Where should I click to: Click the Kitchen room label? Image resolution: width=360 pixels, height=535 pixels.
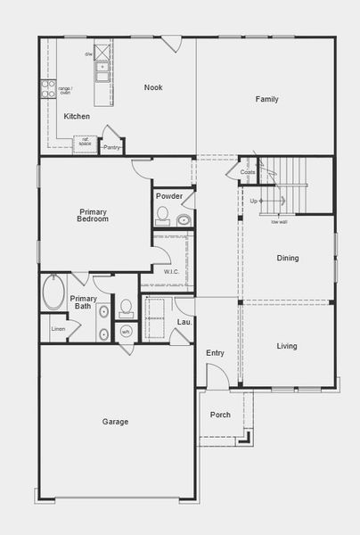[x=77, y=117]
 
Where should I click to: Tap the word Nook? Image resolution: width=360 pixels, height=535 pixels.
[x=153, y=87]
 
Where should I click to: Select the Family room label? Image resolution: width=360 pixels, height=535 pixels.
[x=267, y=99]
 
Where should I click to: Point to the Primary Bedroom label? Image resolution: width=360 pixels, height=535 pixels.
[x=93, y=215]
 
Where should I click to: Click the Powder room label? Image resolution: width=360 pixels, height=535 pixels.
[x=169, y=196]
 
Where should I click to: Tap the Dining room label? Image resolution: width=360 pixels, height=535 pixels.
[x=288, y=259]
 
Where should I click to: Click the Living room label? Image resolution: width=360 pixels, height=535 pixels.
[x=287, y=346]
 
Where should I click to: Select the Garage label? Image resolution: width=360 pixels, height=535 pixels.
[x=115, y=422]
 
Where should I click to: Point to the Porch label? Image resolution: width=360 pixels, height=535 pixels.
[x=220, y=416]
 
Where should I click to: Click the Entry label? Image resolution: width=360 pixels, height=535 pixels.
[x=216, y=353]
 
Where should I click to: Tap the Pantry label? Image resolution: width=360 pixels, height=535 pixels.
[x=111, y=147]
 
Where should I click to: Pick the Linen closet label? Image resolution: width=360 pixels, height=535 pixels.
[x=58, y=329]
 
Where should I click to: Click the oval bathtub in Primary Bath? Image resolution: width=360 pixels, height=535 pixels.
[x=53, y=292]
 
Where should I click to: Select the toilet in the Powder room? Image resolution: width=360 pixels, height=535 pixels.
[x=162, y=214]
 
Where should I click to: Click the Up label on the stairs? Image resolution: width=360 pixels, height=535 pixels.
[x=254, y=202]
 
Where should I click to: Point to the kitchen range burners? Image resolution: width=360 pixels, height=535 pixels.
[x=47, y=89]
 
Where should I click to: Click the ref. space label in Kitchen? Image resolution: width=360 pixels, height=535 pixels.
[x=86, y=142]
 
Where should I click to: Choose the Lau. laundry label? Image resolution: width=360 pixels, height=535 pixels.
[x=184, y=321]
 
